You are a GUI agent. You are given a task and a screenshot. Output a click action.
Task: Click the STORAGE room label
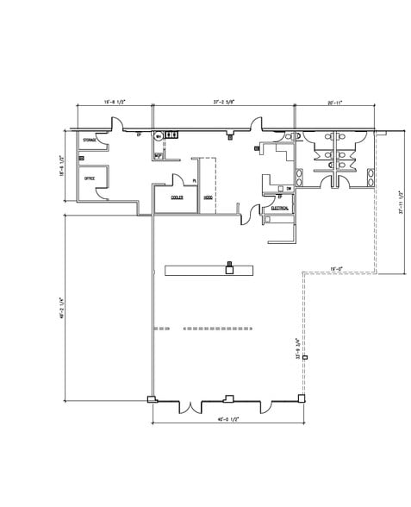click(89, 139)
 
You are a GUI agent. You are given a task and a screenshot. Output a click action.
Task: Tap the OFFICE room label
click(89, 178)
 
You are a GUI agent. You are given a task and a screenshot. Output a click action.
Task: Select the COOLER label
click(175, 197)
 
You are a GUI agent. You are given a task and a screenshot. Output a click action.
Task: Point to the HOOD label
click(208, 197)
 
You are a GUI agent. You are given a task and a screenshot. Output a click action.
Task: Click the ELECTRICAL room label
click(279, 209)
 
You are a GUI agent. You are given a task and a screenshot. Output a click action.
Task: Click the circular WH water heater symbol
click(158, 135)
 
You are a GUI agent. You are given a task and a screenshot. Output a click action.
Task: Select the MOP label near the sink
click(157, 155)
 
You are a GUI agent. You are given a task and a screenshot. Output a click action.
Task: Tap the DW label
click(289, 188)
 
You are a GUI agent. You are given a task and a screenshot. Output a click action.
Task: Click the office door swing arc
click(102, 191)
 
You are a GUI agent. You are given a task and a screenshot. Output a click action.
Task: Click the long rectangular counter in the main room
click(208, 271)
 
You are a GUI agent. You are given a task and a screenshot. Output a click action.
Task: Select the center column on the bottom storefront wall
click(227, 398)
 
